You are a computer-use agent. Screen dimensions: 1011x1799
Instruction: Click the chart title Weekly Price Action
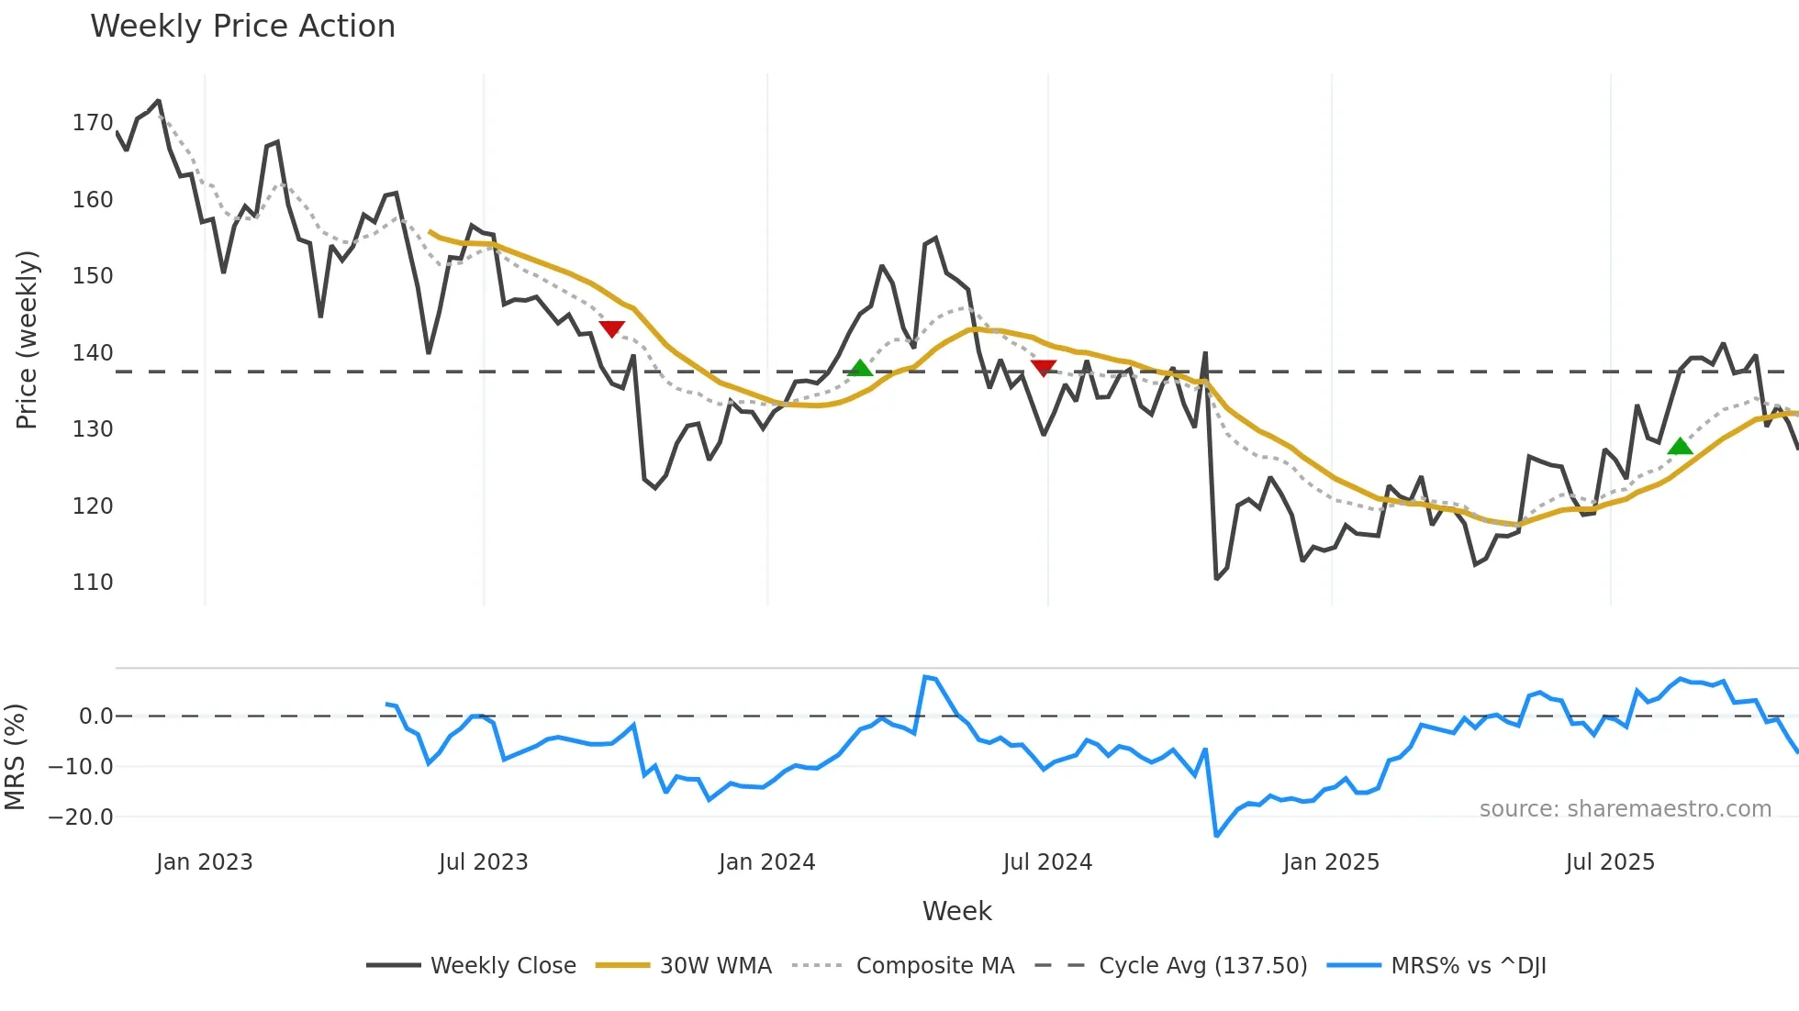click(242, 27)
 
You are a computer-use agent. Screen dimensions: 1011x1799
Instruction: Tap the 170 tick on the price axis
click(93, 123)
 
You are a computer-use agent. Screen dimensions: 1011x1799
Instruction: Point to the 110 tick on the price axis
click(93, 583)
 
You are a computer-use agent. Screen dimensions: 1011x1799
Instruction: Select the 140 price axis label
click(93, 353)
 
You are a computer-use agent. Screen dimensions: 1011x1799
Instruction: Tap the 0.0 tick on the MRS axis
click(95, 717)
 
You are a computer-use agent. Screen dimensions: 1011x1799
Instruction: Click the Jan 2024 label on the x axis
click(766, 862)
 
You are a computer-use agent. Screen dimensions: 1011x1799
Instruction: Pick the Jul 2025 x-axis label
click(1610, 862)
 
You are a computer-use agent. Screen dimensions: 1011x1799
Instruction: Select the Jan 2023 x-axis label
click(204, 862)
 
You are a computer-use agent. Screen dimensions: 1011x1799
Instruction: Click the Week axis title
click(956, 911)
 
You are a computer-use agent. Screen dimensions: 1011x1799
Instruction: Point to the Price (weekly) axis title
click(27, 339)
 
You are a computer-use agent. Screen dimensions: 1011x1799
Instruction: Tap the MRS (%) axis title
click(15, 757)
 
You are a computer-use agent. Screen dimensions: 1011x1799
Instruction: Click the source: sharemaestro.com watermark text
click(1625, 809)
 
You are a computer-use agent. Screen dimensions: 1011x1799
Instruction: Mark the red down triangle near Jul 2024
click(1044, 368)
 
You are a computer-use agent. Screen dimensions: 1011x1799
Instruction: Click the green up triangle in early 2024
click(860, 369)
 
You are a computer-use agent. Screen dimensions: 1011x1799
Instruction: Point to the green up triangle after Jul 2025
click(1680, 447)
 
